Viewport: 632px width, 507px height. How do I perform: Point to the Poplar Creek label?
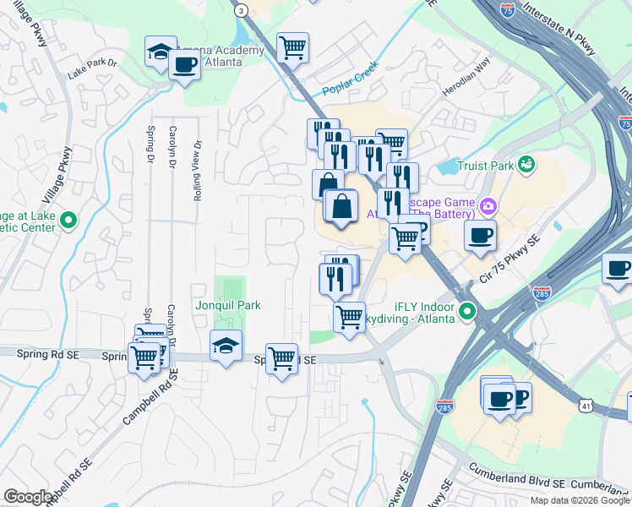pyautogui.click(x=351, y=81)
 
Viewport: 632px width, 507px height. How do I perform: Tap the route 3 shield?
pyautogui.click(x=242, y=10)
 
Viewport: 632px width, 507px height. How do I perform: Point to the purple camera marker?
pyautogui.click(x=488, y=206)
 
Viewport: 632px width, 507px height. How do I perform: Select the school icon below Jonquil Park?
pyautogui.click(x=226, y=345)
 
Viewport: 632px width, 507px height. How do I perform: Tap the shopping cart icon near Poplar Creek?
pyautogui.click(x=292, y=47)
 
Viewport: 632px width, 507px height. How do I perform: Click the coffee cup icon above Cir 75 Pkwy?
pyautogui.click(x=480, y=236)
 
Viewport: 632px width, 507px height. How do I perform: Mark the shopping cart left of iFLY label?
pyautogui.click(x=349, y=318)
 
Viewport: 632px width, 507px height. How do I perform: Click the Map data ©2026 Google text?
pyautogui.click(x=579, y=500)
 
